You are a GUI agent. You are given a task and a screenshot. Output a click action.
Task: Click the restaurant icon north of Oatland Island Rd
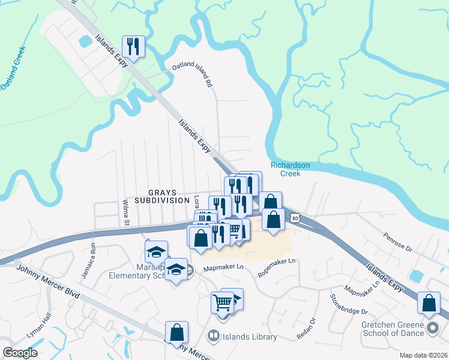click(x=133, y=46)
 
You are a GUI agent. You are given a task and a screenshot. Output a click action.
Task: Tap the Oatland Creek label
click(x=14, y=68)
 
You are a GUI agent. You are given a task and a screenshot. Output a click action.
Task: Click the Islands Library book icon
click(x=212, y=336)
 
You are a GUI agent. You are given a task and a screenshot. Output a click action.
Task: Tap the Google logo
click(x=20, y=353)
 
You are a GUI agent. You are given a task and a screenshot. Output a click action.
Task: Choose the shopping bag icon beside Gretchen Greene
click(x=429, y=303)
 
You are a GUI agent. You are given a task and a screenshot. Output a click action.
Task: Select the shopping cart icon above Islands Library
click(x=222, y=302)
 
